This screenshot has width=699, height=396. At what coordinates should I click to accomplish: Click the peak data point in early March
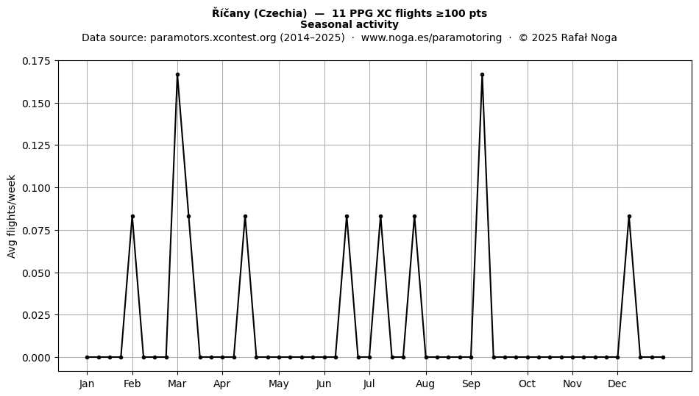(x=177, y=75)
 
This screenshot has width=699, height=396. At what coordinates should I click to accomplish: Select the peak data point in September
(x=483, y=75)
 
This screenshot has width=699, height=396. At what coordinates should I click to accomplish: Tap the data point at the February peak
(x=132, y=216)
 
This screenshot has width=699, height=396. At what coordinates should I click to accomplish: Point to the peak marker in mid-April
(x=245, y=216)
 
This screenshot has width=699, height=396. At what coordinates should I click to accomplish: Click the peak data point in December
(x=629, y=216)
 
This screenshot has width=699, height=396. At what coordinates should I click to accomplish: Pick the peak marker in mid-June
(x=347, y=216)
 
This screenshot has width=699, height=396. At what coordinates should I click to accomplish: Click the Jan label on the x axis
(x=87, y=384)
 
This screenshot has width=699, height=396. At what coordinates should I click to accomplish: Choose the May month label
(x=279, y=384)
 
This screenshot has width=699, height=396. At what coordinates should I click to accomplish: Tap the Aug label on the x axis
(x=425, y=384)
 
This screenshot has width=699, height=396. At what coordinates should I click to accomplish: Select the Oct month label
(x=528, y=384)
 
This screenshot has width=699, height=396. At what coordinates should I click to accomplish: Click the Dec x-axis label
(x=617, y=384)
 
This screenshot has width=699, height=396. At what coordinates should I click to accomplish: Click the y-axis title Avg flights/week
(x=12, y=216)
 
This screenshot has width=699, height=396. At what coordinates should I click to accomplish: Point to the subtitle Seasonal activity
(x=349, y=24)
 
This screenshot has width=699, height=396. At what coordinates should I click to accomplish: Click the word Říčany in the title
(x=231, y=13)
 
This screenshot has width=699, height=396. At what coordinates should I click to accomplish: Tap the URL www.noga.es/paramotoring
(x=431, y=37)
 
